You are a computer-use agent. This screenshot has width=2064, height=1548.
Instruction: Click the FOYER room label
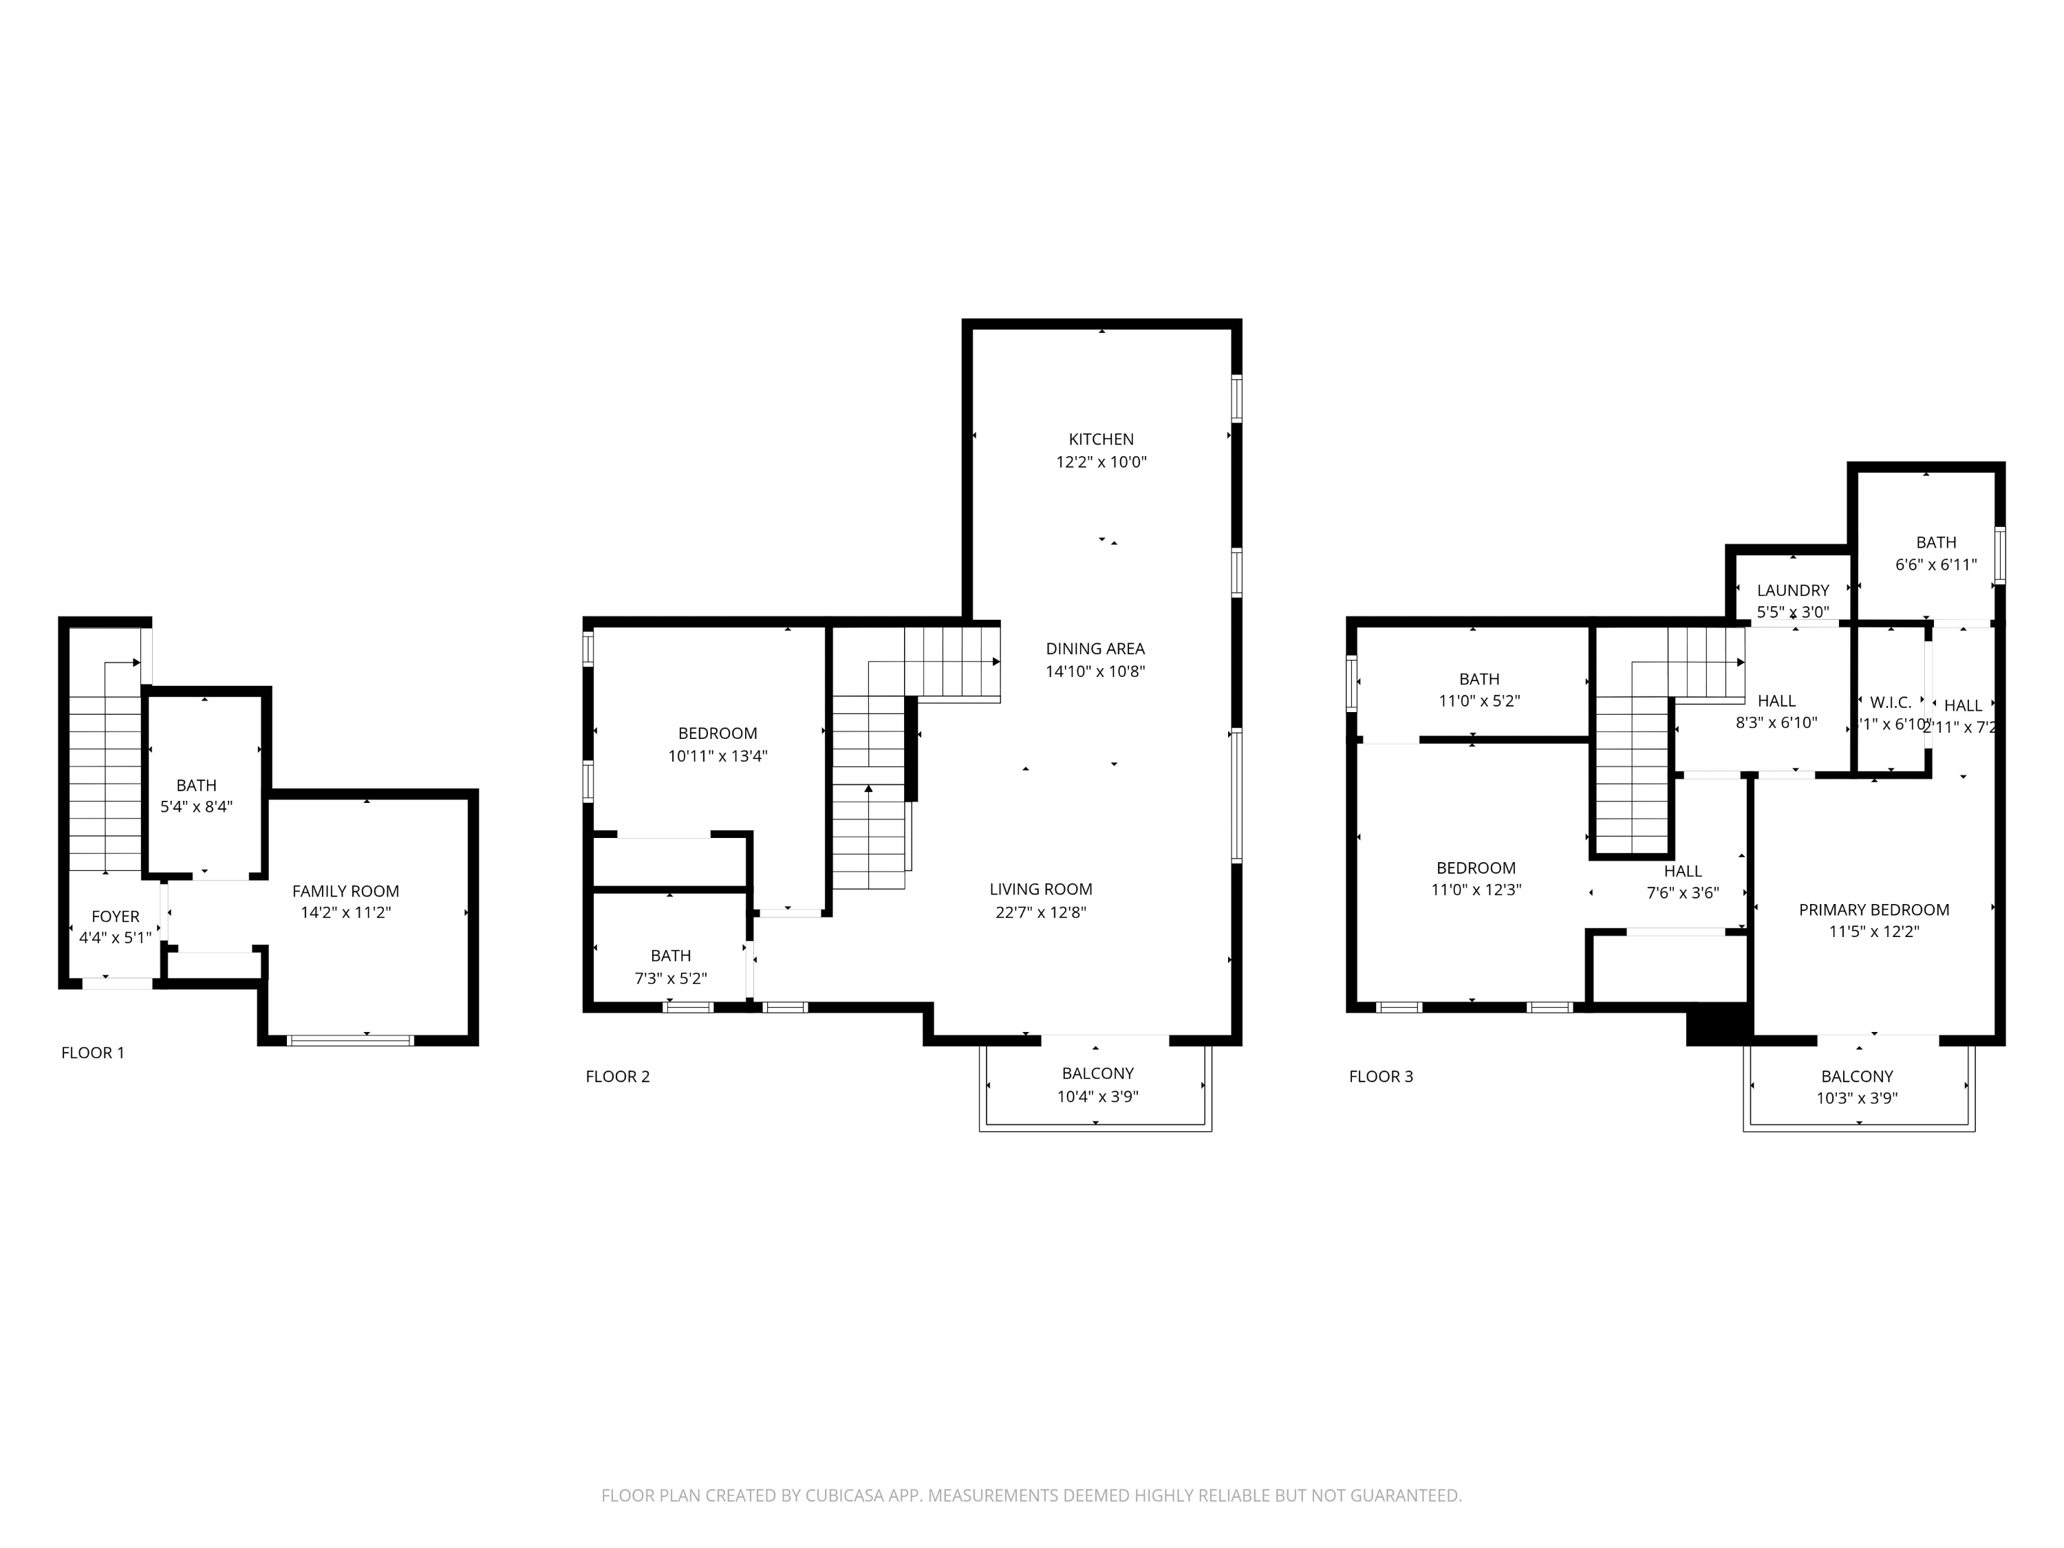pos(115,916)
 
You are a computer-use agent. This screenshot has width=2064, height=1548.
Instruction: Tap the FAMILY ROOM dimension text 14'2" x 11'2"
pos(345,912)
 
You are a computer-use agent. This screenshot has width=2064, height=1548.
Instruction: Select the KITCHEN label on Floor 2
pos(1101,438)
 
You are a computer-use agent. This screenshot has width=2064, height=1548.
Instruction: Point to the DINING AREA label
pos(1095,649)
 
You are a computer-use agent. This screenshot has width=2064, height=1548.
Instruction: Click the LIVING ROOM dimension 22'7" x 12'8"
pos(1040,912)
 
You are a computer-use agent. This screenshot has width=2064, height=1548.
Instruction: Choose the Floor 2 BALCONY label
pos(1097,1073)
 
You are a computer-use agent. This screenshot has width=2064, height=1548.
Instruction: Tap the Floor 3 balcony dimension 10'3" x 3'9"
pos(1857,1098)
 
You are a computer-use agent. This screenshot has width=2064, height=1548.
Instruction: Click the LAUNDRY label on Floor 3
pos(1792,590)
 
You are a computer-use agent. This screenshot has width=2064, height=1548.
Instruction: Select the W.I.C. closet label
pos(1891,702)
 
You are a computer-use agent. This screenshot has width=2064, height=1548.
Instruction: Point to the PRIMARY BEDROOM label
pos(1873,910)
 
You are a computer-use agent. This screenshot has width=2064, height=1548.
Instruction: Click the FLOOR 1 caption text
pos(92,1053)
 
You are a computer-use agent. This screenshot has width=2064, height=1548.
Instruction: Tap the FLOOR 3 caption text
pos(1380,1076)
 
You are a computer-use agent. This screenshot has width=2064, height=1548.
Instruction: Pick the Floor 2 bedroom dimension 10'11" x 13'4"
pos(717,756)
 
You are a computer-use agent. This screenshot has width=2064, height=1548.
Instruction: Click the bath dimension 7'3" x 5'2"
pos(670,978)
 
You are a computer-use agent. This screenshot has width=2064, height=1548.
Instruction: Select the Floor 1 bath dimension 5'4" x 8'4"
pos(196,806)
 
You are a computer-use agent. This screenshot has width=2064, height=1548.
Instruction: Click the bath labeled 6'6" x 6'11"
pos(1935,542)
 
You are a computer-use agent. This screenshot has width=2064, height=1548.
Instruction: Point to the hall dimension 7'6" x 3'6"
pos(1681,893)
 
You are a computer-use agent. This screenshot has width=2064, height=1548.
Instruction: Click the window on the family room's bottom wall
pos(350,1040)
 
